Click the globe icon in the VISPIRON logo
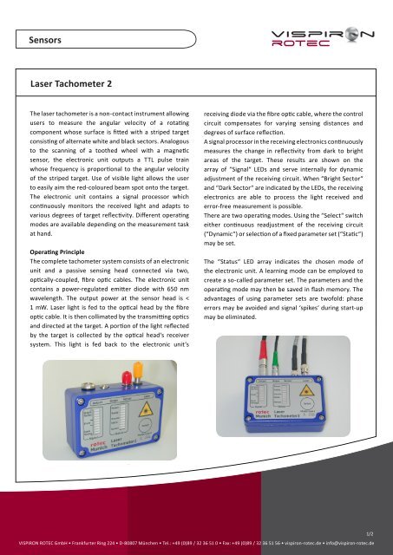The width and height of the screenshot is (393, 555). pos(347,36)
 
